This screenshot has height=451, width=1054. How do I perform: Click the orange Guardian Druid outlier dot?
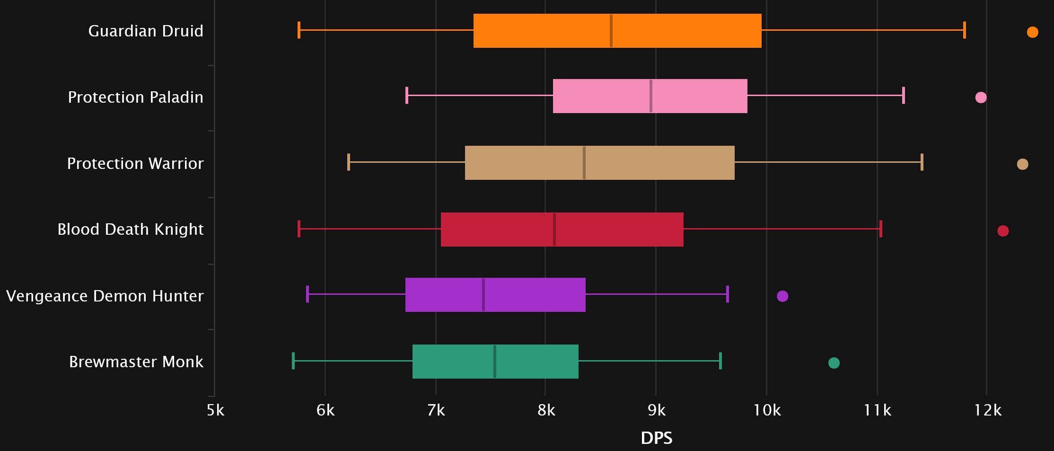(1032, 32)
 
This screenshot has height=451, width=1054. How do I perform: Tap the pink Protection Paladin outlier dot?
(981, 97)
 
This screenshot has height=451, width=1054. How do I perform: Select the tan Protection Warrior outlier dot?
(1022, 164)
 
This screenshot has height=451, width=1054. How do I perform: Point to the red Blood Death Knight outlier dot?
(1002, 231)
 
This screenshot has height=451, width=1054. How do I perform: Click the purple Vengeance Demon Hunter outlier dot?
(782, 296)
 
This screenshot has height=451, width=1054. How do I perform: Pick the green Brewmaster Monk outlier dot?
(834, 363)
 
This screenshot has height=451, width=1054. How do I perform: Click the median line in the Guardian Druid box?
(611, 31)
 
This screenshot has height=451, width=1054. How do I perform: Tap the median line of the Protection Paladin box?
(651, 96)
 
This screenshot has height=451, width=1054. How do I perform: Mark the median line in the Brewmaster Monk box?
(494, 362)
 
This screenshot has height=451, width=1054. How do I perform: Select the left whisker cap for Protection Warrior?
(349, 162)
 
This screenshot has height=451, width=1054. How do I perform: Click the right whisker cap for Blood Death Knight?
(880, 229)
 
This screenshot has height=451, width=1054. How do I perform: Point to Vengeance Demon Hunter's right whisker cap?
(727, 294)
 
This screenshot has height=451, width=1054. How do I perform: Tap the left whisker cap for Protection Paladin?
(407, 95)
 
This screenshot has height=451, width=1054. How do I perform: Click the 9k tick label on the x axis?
(656, 410)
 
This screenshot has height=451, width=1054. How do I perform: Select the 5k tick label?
(215, 410)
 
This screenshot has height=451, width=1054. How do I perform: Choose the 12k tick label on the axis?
(987, 410)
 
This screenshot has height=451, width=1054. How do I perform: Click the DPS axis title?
(656, 438)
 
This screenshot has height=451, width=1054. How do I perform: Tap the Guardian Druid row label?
(146, 31)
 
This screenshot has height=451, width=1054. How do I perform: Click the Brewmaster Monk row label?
(136, 362)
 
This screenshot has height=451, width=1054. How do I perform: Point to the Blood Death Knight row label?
(131, 230)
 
